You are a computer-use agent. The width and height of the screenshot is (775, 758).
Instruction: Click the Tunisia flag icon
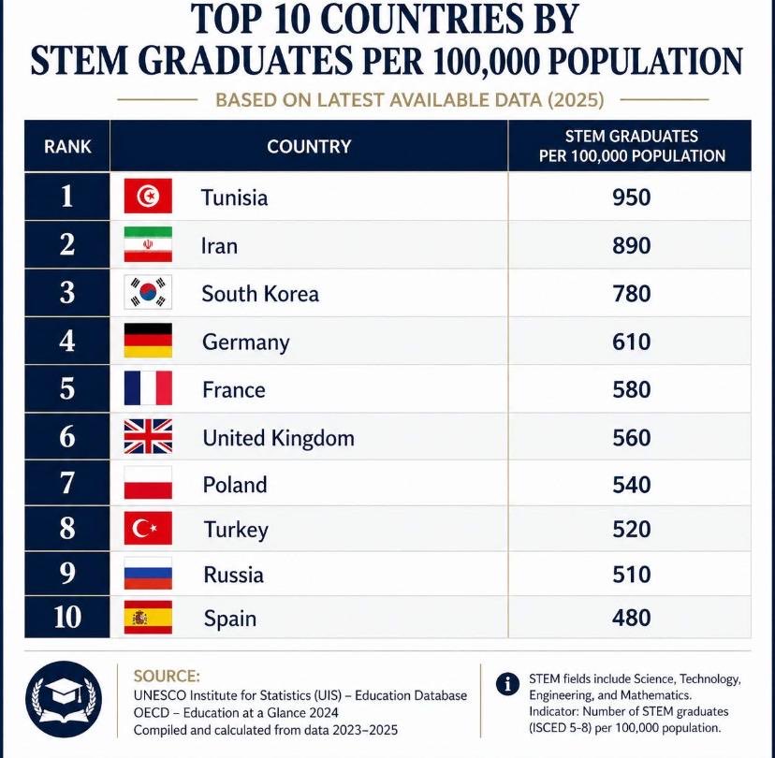tap(148, 197)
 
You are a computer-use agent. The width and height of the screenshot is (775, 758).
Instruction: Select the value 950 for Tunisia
tap(631, 197)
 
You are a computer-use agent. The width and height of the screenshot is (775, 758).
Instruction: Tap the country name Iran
tap(219, 246)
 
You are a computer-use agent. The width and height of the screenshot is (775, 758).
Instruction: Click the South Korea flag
tap(148, 293)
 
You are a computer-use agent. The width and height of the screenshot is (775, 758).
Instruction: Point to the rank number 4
tap(67, 341)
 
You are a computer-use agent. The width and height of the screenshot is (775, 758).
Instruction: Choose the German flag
tap(148, 341)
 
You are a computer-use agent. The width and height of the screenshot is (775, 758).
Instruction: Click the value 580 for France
tap(631, 389)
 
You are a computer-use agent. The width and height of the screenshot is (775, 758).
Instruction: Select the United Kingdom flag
tap(148, 437)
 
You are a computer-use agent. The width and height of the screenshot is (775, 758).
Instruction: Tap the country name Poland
tap(235, 485)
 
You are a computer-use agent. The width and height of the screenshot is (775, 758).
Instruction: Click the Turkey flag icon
tap(148, 530)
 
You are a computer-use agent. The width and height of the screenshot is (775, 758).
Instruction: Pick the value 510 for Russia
tap(631, 574)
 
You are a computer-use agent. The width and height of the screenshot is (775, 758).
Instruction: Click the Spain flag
tap(148, 618)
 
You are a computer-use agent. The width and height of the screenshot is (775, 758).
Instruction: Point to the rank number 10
tap(67, 618)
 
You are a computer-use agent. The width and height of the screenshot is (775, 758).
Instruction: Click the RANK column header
tap(67, 147)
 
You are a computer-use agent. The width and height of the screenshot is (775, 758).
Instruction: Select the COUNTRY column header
tap(309, 147)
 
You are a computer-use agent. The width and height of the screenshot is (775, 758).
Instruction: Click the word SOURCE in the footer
tap(167, 676)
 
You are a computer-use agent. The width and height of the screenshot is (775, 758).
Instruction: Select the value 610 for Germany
tap(631, 342)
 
